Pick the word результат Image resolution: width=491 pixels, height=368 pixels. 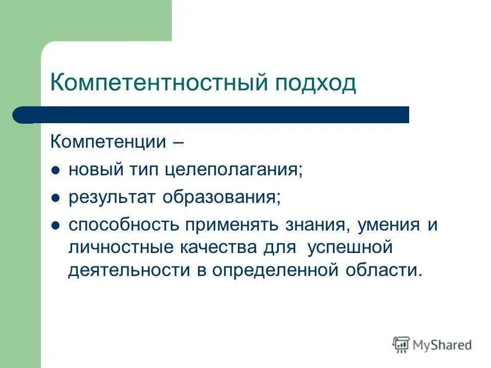coord(113,197)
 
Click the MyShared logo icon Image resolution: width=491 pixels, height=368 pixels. coord(401,346)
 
